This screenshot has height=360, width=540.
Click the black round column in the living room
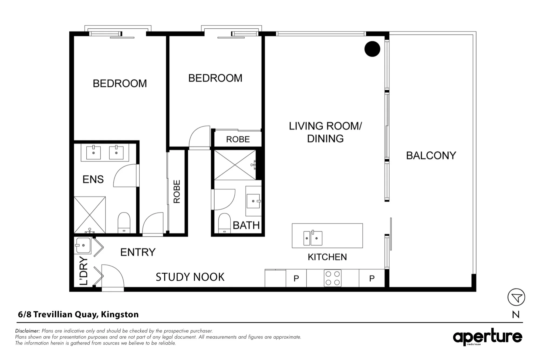pos(372,49)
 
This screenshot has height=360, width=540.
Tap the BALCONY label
pos(431,155)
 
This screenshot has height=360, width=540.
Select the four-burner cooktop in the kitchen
pos(333,278)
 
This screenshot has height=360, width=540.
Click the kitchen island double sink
pos(313,238)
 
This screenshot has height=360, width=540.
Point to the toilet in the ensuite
pos(124,223)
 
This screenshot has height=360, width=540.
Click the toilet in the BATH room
pos(224,223)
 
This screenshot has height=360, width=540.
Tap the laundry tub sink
pos(83,246)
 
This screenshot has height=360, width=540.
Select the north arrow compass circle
pos(516,297)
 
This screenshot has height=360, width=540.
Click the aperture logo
pos(488,337)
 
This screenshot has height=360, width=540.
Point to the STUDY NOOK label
pos(190,277)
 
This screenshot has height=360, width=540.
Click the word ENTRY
pos(138,252)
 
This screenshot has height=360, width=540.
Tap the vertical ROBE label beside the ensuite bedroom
pos(177,192)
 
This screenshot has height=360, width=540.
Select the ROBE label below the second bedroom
pos(238,139)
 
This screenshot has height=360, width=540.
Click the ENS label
pos(93,179)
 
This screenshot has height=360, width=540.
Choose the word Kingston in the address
pos(120,315)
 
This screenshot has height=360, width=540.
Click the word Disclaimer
pos(28,331)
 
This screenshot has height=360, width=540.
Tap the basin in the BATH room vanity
pos(254,201)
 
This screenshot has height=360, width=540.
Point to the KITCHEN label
pos(327,257)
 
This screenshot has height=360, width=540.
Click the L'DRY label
pos(84,271)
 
